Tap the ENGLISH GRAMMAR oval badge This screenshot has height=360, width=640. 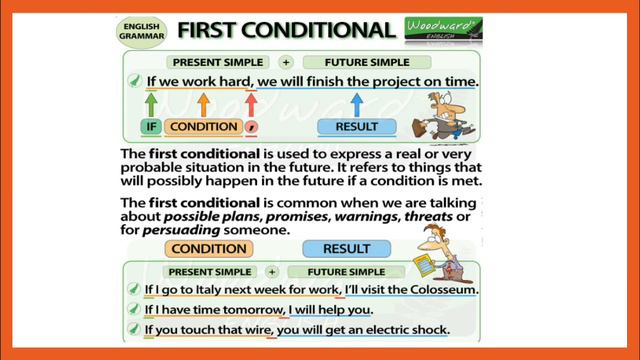(142, 29)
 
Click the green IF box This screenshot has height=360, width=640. (151, 127)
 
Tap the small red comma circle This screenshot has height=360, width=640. (252, 127)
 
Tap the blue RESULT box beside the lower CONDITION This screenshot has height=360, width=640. (347, 249)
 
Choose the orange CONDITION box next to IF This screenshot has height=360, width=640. (204, 127)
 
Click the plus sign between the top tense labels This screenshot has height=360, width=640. (285, 61)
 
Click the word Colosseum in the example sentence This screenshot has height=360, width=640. (438, 291)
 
